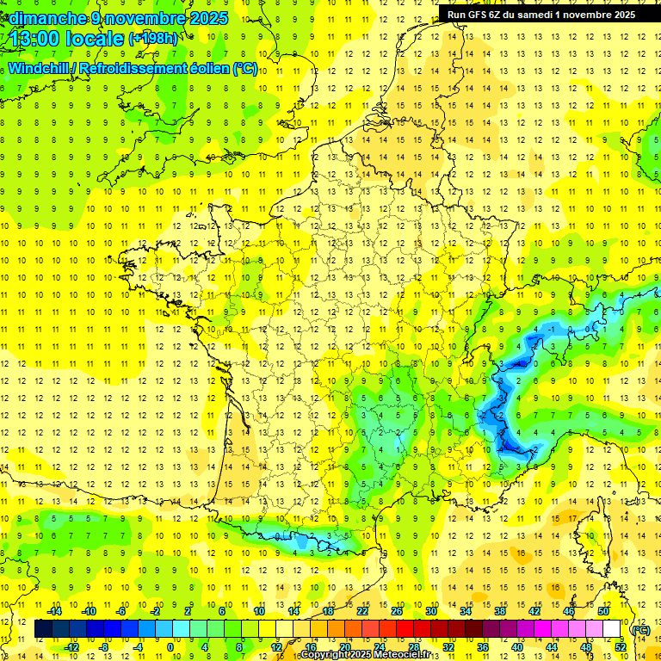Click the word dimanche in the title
[x=40, y=18]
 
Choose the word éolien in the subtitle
[x=210, y=68]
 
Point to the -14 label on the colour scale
[x=55, y=611]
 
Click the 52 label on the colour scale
[x=621, y=646]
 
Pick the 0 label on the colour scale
[x=170, y=646]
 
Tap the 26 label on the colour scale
[x=396, y=611]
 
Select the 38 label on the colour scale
[x=499, y=611]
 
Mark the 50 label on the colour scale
[x=603, y=611]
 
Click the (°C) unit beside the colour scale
[x=640, y=630]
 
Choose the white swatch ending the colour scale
[x=612, y=629]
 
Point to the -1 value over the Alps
[x=552, y=329]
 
